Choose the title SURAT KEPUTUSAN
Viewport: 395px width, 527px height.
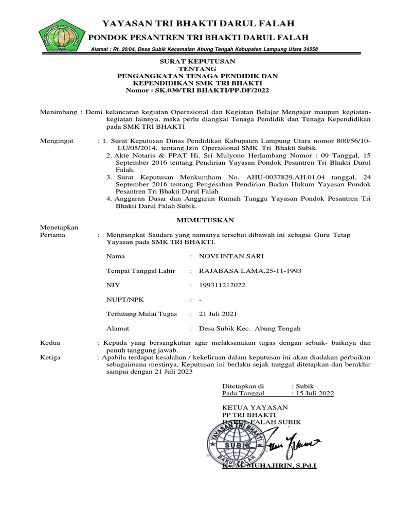click(197, 61)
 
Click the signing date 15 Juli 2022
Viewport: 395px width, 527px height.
click(314, 393)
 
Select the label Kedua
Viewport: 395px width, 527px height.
click(50, 342)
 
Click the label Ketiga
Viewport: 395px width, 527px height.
click(50, 357)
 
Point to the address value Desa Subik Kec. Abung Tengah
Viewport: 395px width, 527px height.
click(245, 328)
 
